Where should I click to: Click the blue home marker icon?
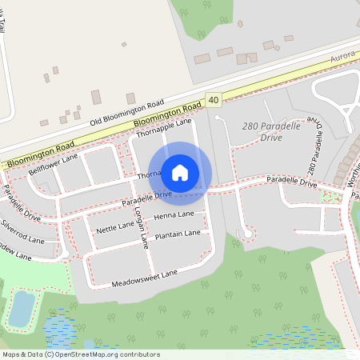180,173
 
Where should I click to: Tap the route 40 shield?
212,100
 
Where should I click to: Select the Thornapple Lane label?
165,128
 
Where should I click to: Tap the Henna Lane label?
174,216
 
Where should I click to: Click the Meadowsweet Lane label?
144,276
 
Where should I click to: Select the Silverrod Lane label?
22,230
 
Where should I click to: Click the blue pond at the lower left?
22,308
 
